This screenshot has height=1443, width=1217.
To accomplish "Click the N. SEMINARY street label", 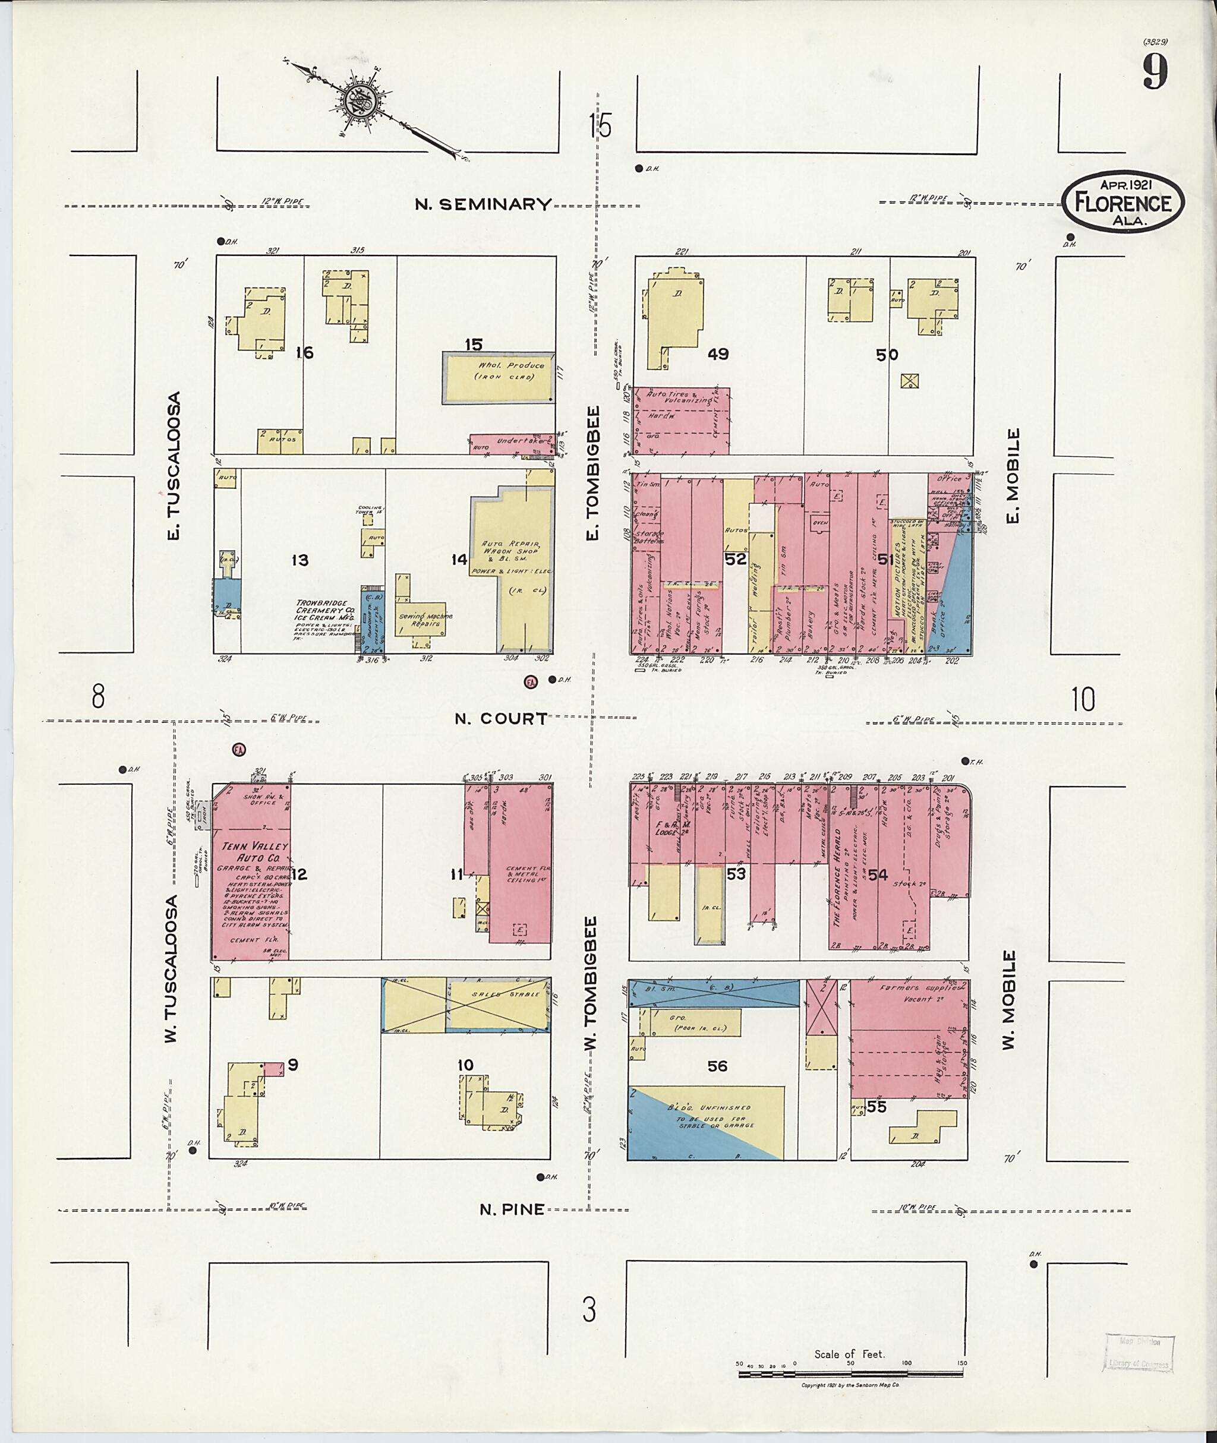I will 484,204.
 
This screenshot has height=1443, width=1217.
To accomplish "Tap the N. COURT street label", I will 501,719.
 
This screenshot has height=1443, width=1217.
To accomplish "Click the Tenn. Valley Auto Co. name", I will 254,851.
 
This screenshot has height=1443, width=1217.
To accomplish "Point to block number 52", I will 736,558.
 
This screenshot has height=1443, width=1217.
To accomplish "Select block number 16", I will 304,353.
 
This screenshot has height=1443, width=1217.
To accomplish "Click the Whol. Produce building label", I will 511,371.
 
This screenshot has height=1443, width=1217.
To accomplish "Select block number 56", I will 717,1066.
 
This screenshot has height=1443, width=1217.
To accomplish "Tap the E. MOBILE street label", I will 1012,476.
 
